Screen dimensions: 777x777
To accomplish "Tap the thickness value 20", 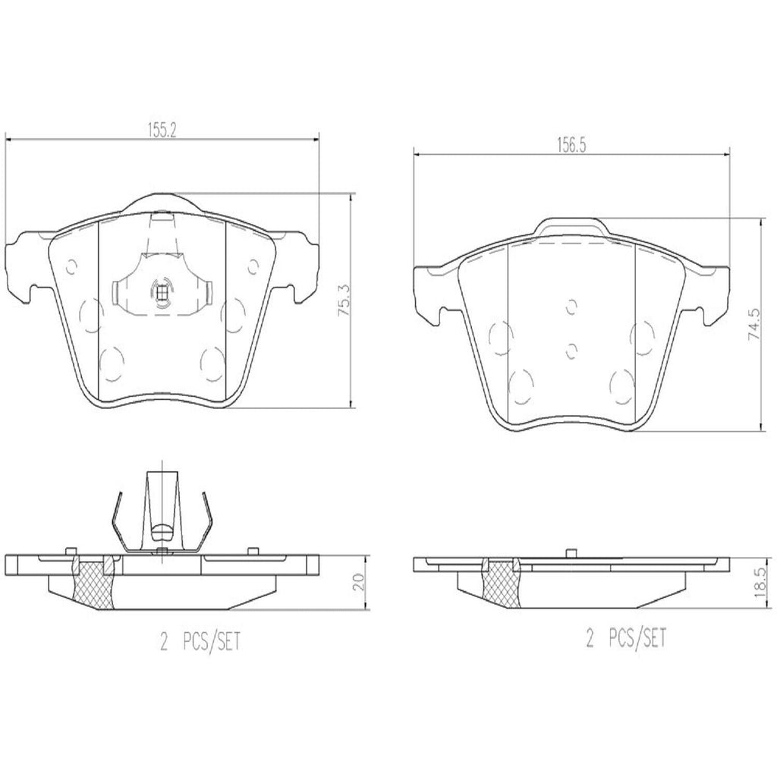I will [360, 583].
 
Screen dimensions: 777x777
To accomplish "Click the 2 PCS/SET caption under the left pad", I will [199, 641].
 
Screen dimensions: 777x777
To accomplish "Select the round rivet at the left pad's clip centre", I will [162, 291].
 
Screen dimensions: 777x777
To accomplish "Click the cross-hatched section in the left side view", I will [92, 582].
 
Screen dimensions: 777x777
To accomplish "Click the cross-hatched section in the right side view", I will [501, 583].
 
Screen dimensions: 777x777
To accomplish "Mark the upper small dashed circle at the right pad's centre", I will [572, 306].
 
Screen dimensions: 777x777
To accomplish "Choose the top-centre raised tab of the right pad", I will [571, 225].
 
